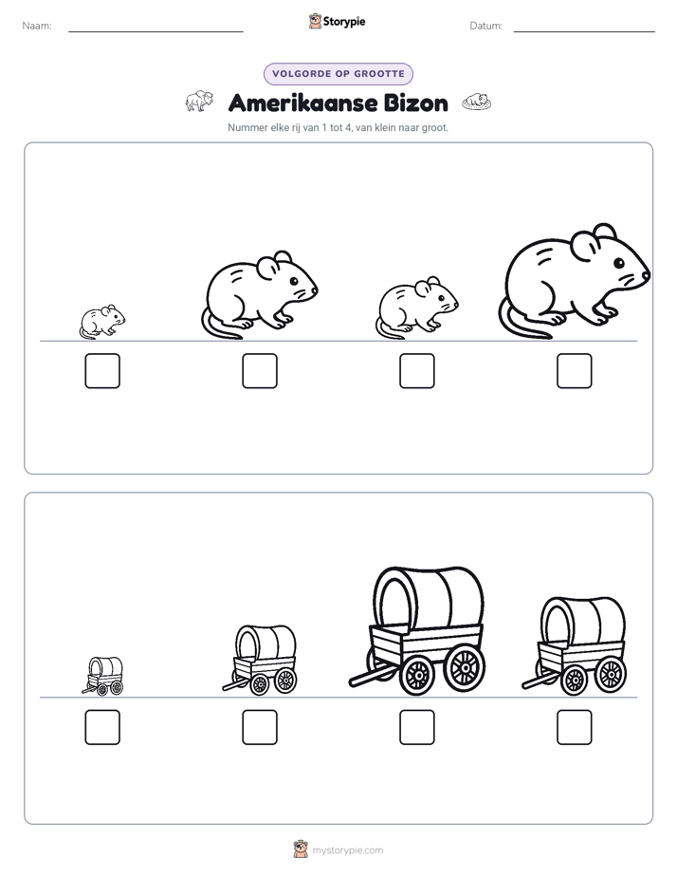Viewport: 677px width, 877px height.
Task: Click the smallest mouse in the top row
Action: (101, 322)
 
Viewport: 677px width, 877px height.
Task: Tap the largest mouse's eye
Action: (618, 263)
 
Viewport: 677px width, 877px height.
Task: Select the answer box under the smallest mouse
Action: (102, 371)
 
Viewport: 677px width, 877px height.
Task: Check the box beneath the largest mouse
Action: (575, 371)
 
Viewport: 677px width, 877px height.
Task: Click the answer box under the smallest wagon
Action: (102, 727)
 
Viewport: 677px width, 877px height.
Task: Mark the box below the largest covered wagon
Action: (416, 727)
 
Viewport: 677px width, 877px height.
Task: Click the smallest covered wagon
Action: (102, 676)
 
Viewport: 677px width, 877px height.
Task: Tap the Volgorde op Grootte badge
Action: (338, 74)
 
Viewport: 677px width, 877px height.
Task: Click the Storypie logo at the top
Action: (338, 22)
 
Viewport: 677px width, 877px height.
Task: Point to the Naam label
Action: (37, 26)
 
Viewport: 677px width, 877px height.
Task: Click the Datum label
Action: (486, 26)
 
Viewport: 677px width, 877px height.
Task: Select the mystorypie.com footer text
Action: (347, 850)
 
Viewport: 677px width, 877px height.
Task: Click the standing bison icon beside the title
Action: (199, 102)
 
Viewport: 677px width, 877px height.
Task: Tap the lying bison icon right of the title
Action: (477, 102)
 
